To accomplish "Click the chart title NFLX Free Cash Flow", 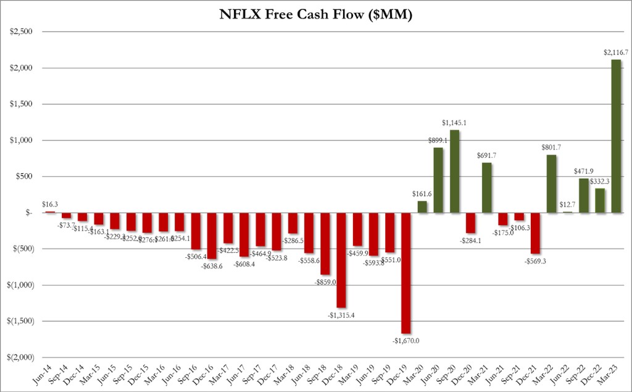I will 315,15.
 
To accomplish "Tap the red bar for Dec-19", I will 407,273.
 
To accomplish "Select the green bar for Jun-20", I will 439,180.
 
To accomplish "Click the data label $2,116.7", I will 615,53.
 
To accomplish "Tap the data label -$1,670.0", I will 406,341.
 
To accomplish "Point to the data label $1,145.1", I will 455,122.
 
